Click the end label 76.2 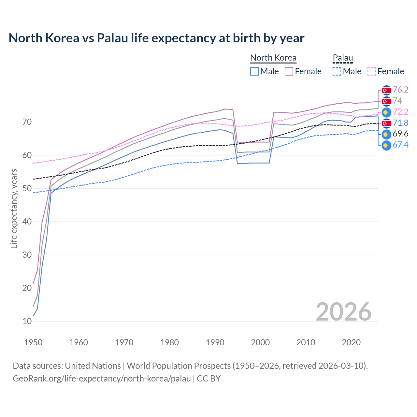point(400,90)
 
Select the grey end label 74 point(397,101)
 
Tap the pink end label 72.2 point(400,112)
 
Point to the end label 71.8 point(400,123)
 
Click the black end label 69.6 point(400,134)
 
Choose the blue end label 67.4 point(400,145)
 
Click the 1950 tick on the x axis point(33,342)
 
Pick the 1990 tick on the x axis point(215,342)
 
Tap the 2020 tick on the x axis point(351,342)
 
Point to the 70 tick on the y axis point(27,122)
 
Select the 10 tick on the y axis point(27,321)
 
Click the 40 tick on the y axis point(27,222)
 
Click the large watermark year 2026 point(343,312)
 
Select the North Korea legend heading point(273,58)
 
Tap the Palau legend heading point(343,58)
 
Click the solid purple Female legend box point(289,71)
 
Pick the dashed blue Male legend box point(337,71)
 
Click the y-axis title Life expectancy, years point(14,208)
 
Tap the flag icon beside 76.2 point(386,90)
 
